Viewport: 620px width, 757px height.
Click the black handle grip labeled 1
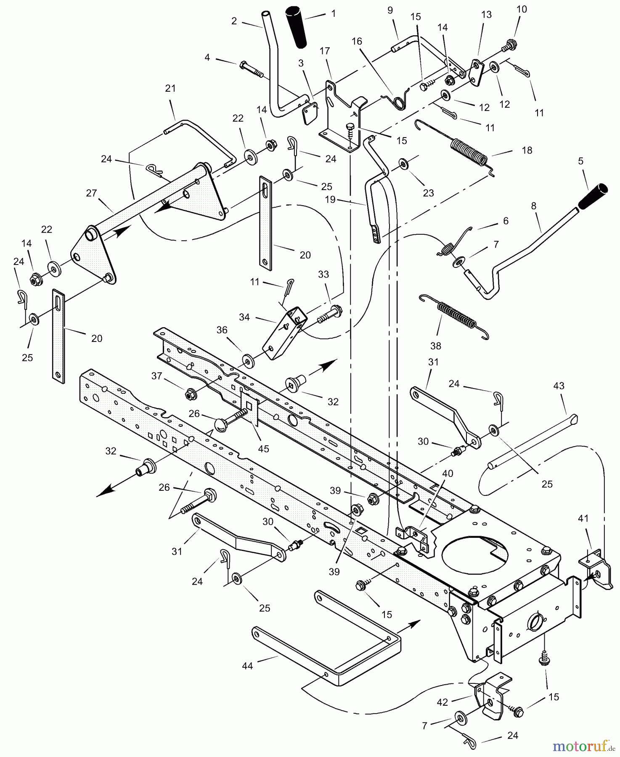pyautogui.click(x=297, y=26)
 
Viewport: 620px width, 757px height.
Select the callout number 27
pyautogui.click(x=91, y=193)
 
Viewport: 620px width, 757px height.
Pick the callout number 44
pyautogui.click(x=247, y=666)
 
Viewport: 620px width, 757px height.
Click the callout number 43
pyautogui.click(x=559, y=386)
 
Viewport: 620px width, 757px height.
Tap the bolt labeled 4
pyautogui.click(x=252, y=69)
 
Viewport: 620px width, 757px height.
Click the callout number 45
pyautogui.click(x=263, y=449)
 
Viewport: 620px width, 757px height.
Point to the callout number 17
pyautogui.click(x=325, y=51)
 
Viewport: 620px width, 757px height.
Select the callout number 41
pyautogui.click(x=583, y=519)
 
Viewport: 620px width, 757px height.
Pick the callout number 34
pyautogui.click(x=244, y=317)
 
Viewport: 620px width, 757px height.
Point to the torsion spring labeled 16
pyautogui.click(x=397, y=101)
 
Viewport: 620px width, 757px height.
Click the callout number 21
pyautogui.click(x=170, y=88)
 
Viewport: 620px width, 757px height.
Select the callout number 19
pyautogui.click(x=330, y=199)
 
